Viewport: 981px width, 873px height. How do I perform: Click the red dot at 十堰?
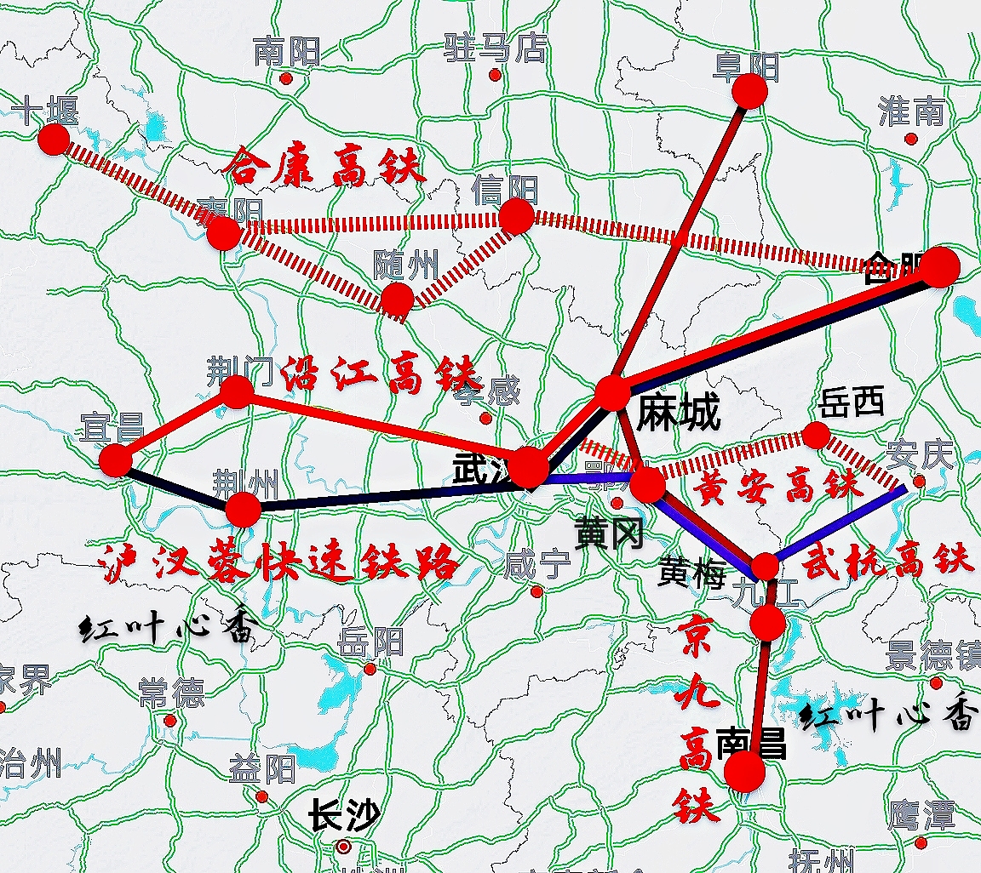coord(54,139)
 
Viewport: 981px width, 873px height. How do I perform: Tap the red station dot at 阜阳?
coord(749,90)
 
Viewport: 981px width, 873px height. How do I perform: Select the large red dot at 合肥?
coord(940,267)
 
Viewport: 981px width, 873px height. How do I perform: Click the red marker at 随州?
coord(397,300)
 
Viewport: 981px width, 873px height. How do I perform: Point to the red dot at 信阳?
coord(516,216)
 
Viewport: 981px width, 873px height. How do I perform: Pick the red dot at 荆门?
coord(237,392)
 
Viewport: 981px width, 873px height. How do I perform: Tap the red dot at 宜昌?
coord(116,459)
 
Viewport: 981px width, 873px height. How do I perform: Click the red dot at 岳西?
coord(816,435)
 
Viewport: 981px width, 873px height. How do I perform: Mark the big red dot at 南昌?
coord(745,771)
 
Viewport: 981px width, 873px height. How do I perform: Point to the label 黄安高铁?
coord(778,488)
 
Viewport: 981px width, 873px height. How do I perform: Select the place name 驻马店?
coord(495,48)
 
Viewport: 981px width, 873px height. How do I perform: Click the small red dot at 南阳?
coord(286,78)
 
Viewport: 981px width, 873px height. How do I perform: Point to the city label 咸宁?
coord(536,563)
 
